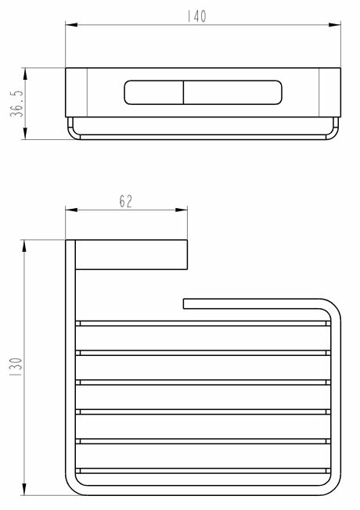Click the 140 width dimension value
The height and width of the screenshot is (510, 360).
(x=198, y=16)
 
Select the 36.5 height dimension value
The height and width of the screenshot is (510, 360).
(x=16, y=102)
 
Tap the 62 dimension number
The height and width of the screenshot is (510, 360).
(x=125, y=201)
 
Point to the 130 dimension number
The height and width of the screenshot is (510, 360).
(x=16, y=367)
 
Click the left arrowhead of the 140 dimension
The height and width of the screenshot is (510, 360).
(x=70, y=26)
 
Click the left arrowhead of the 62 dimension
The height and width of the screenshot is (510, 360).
(x=70, y=210)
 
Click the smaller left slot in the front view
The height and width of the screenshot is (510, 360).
(x=153, y=92)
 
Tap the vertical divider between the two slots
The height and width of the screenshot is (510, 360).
(x=183, y=92)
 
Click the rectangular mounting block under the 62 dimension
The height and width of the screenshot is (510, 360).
(x=131, y=254)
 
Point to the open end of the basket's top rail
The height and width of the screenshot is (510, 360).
(x=186, y=303)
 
